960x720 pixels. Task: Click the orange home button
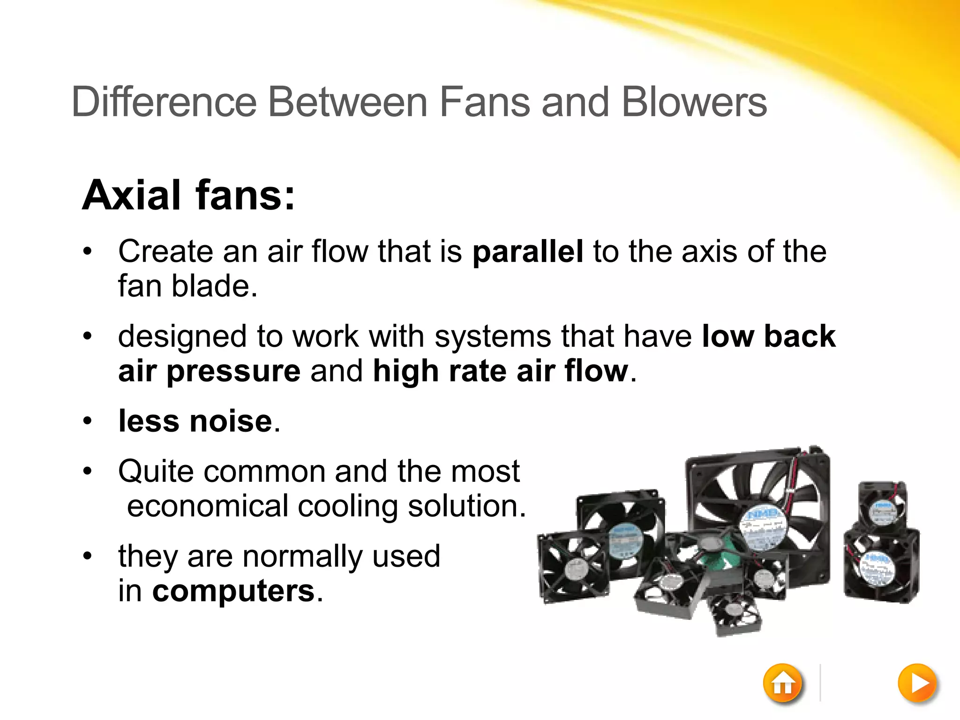[x=782, y=684]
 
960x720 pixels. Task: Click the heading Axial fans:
[x=188, y=195]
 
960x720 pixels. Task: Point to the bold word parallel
[x=528, y=252]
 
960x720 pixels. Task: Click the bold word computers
[x=233, y=591]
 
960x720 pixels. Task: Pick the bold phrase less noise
[x=195, y=421]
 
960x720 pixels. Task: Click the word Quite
[x=156, y=472]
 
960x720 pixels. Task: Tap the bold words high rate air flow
[x=500, y=371]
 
